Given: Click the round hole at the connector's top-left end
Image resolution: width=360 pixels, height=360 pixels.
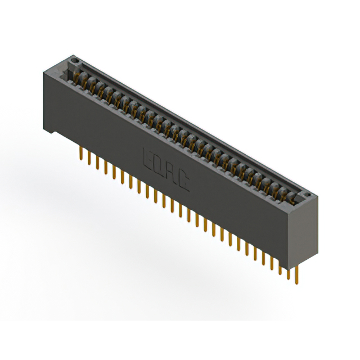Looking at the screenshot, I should point(73,59).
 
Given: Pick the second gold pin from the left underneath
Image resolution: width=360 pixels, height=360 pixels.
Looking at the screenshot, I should point(89,158).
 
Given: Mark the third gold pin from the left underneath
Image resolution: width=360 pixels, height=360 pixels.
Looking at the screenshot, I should point(97,163).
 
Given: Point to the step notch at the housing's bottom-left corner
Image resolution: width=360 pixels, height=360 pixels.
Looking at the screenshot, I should point(51,132).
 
